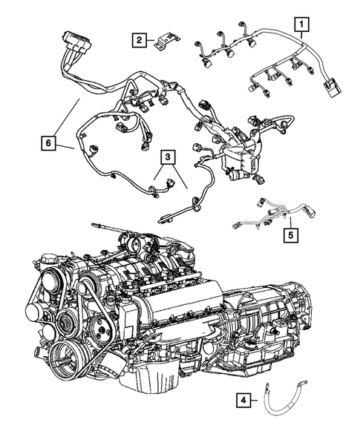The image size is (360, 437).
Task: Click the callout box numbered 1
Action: point(301,26)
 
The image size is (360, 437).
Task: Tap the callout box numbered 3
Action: point(168,157)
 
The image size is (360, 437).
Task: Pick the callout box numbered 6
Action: point(48,140)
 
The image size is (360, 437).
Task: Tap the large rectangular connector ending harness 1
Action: point(330,93)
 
